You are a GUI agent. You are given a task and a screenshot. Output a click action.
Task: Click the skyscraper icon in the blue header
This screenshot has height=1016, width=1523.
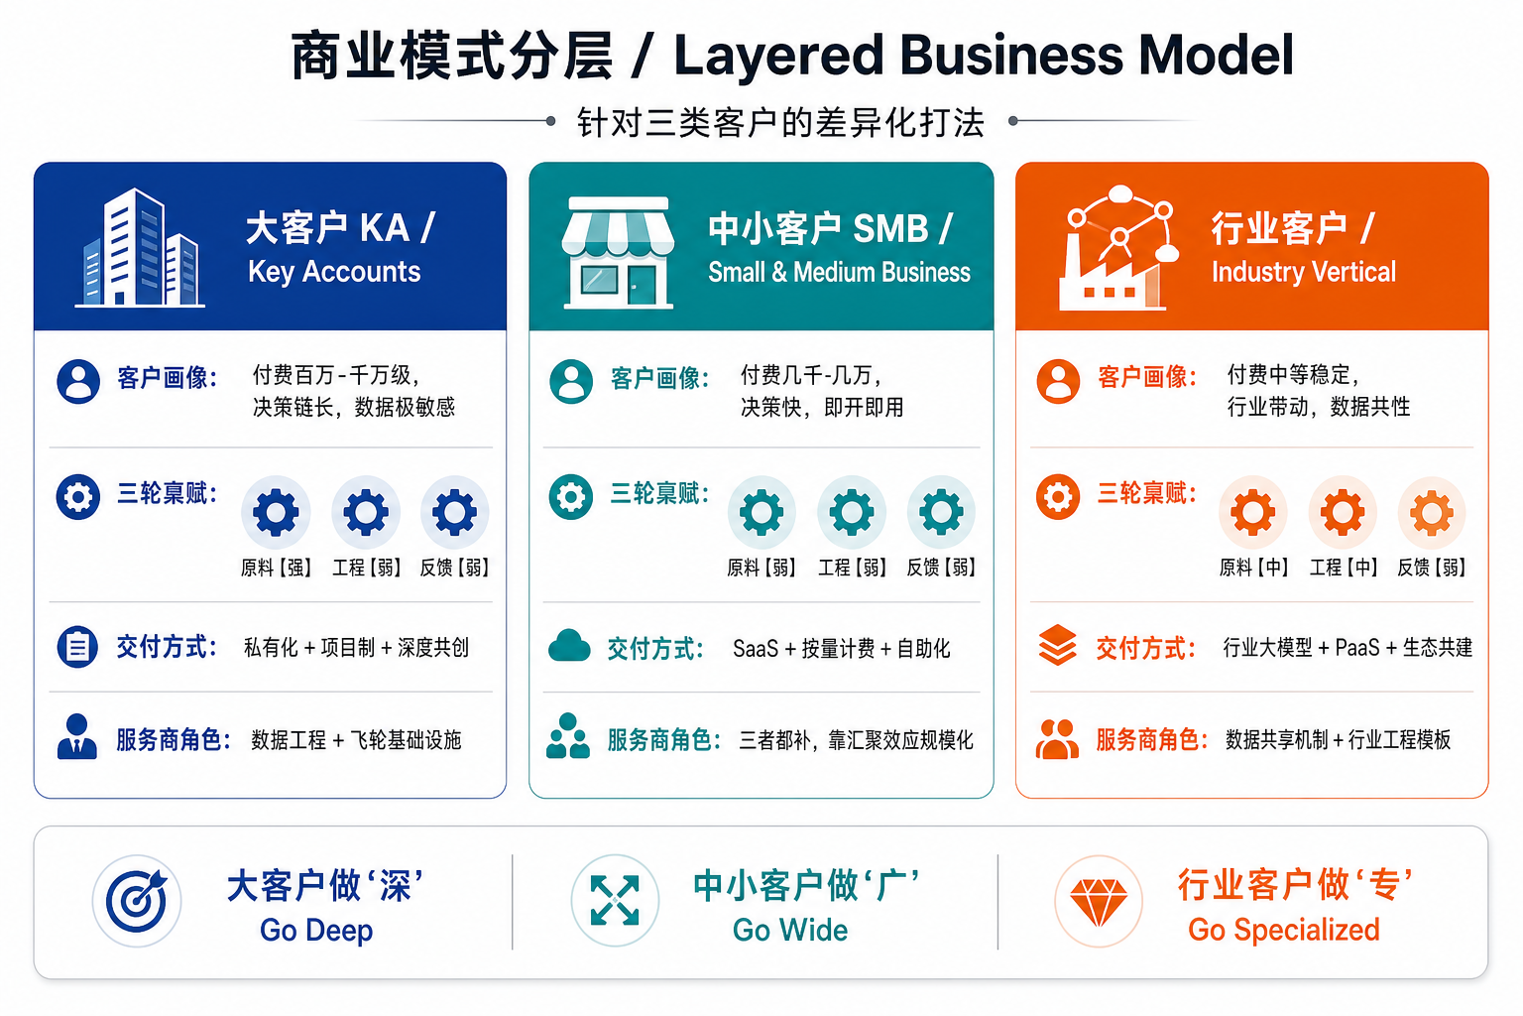click(140, 248)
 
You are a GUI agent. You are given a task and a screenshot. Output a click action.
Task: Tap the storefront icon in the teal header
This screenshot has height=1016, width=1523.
click(618, 252)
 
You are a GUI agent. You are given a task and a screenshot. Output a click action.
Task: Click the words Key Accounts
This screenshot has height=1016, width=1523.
click(334, 272)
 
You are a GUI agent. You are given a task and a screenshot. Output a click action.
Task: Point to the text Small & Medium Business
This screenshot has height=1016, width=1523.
click(839, 272)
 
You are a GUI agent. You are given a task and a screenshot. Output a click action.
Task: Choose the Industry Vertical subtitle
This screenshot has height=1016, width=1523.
click(1304, 272)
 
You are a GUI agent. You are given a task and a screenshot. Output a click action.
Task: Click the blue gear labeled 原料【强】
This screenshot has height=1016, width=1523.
click(276, 512)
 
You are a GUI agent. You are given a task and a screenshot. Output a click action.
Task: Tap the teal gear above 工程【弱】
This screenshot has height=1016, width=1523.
click(852, 512)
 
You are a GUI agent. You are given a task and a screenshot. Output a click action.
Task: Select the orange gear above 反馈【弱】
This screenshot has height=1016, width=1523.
click(1431, 512)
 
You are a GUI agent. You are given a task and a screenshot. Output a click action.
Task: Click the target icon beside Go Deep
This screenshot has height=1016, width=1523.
click(137, 901)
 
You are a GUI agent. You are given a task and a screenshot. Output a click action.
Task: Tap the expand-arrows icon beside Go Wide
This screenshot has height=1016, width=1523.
click(615, 901)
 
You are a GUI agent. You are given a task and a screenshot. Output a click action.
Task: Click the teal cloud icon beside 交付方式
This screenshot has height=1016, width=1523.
click(569, 647)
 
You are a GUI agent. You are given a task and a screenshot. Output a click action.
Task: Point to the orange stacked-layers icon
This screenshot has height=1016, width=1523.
click(1057, 645)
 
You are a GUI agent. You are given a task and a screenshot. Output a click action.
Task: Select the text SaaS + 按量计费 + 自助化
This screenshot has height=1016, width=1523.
click(841, 649)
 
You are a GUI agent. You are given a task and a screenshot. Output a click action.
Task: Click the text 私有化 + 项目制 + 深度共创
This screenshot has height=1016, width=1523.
click(356, 647)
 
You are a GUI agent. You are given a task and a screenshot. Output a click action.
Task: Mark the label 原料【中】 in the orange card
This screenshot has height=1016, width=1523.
click(1253, 568)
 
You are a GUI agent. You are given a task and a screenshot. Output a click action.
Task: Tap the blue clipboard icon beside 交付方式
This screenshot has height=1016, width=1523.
click(77, 647)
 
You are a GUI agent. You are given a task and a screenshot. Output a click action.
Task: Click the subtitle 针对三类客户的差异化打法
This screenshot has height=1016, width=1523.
click(780, 122)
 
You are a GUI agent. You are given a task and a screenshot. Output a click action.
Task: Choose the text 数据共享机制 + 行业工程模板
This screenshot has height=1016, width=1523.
click(1338, 740)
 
